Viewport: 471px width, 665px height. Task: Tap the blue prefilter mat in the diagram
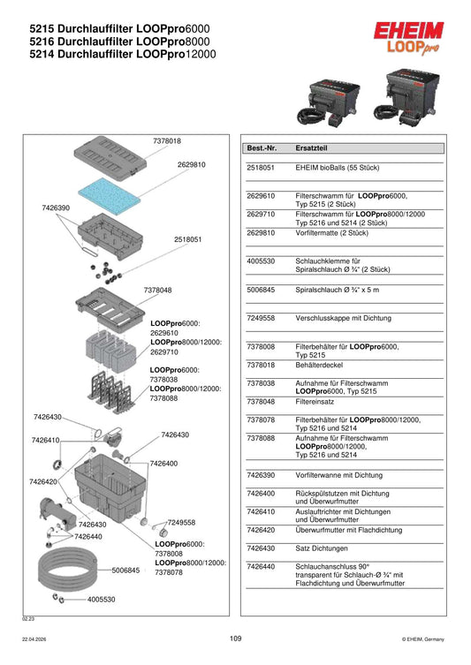click(109, 193)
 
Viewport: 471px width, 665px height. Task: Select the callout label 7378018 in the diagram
click(167, 140)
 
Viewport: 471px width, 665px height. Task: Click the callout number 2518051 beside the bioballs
click(187, 239)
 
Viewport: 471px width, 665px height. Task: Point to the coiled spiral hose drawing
click(68, 570)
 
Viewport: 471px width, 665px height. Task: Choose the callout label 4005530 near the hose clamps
click(101, 600)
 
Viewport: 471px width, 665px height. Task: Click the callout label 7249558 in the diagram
click(181, 523)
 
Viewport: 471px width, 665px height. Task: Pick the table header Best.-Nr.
click(262, 148)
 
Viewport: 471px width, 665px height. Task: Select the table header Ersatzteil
click(311, 148)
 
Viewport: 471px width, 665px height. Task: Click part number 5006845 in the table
click(261, 290)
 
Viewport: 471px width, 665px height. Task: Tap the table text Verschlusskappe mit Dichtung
click(343, 318)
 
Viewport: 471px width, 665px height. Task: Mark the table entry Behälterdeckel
click(319, 365)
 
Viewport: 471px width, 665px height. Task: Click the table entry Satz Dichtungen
click(321, 548)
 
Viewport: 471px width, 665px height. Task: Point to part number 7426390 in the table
click(261, 475)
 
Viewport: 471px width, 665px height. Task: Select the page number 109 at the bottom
click(235, 639)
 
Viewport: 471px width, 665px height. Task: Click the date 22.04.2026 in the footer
click(34, 639)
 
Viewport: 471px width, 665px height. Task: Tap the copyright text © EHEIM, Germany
click(422, 639)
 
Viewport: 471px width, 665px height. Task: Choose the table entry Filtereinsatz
click(315, 402)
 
